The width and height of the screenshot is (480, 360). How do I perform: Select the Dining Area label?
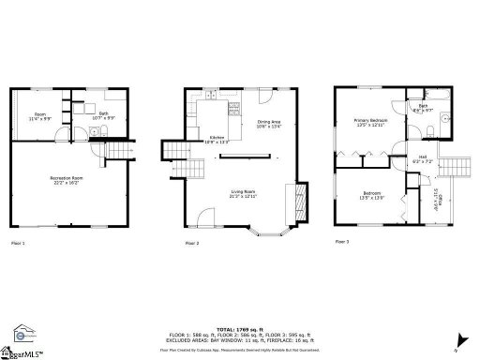[269, 124]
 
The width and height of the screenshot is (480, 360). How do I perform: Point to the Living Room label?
[244, 194]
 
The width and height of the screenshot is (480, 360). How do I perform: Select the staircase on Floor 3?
[454, 166]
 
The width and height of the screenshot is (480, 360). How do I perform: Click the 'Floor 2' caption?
[191, 243]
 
